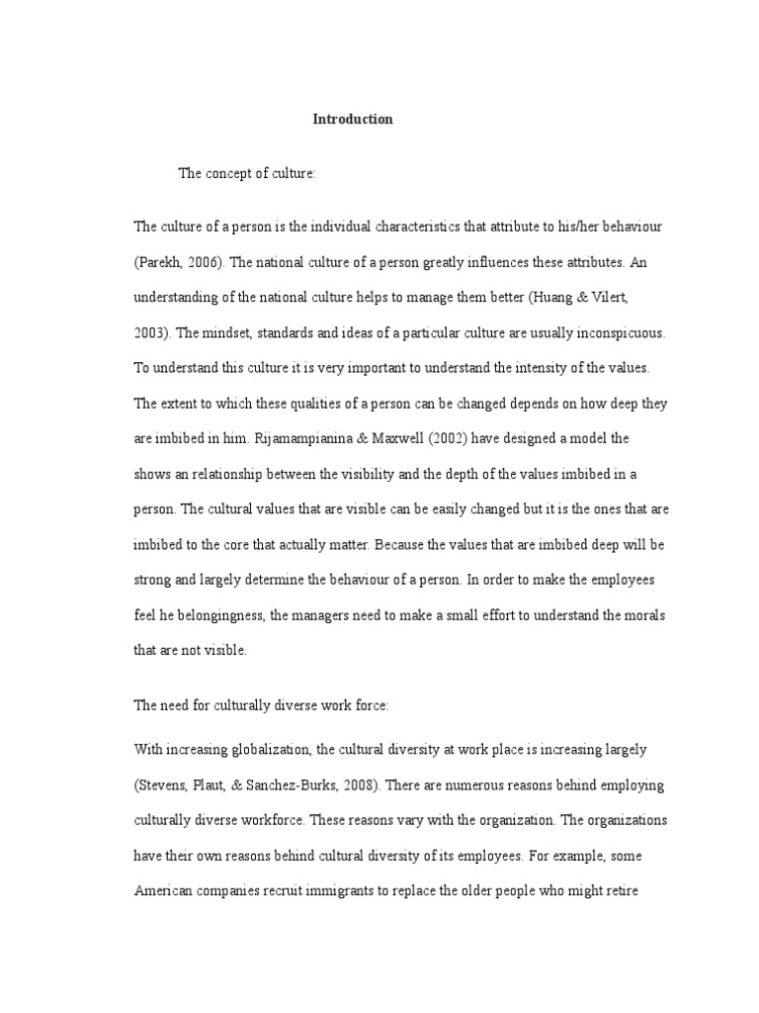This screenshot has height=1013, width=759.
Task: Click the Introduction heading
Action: [353, 120]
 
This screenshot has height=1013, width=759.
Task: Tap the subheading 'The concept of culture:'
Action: [246, 174]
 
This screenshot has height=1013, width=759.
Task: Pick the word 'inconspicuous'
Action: [622, 333]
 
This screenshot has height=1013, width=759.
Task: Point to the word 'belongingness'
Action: [213, 616]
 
